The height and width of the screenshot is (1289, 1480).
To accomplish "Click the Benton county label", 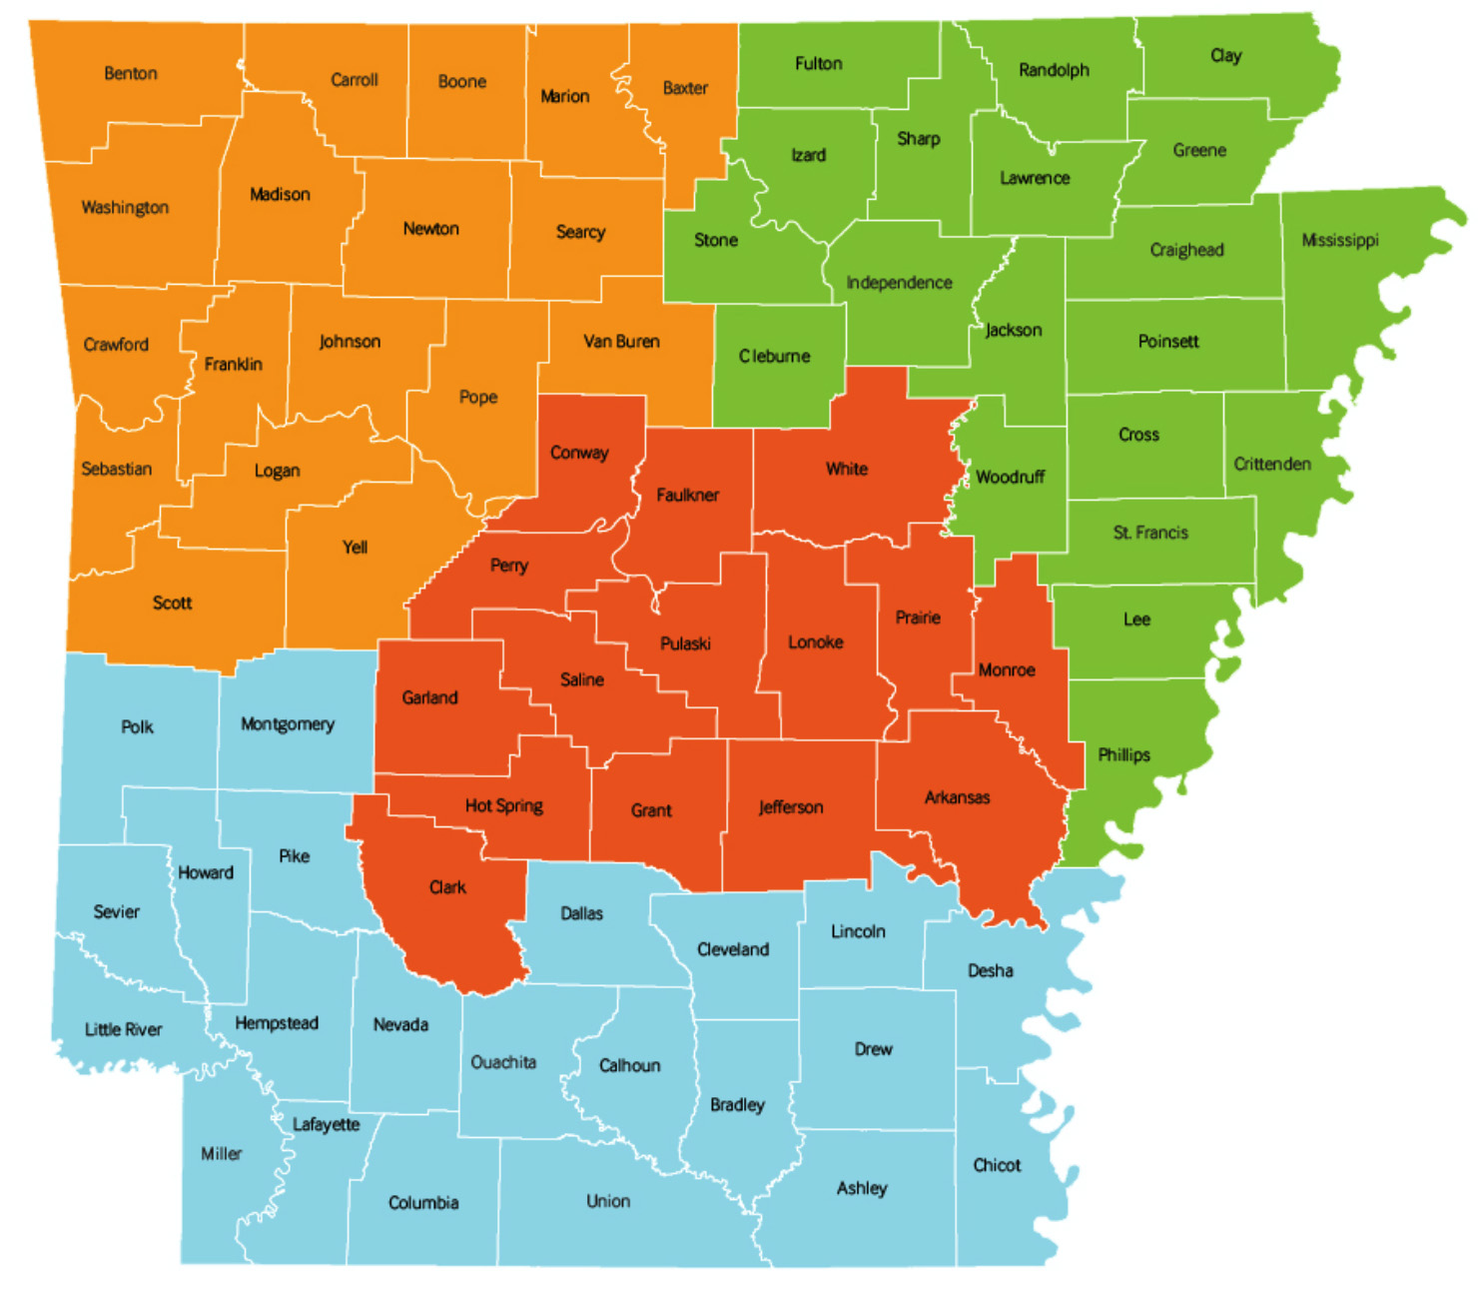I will pos(131,74).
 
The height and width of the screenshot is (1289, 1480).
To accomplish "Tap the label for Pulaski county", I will pos(685,644).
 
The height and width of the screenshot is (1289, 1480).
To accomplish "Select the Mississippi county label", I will pos(1339,240).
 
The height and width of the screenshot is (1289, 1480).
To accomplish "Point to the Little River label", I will pos(123,1029).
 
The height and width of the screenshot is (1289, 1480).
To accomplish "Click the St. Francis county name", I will pos(1150,533).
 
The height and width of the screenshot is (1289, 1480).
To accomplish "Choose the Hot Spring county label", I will pos(503,805).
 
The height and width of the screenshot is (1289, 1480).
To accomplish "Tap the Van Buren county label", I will pos(621,342).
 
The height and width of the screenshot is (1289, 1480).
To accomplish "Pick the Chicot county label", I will pos(997,1165).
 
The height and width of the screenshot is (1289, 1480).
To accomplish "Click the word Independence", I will pos(899,283).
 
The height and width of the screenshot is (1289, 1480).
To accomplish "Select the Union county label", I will pos(608,1201).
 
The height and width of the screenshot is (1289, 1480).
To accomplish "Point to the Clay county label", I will pos(1225,56).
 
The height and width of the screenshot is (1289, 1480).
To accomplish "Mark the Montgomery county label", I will pos(288,724).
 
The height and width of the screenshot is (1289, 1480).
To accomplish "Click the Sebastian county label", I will pos(117,469).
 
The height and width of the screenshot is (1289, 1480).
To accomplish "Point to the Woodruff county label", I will pos(1010,478).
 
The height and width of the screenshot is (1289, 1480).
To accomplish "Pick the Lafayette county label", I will pos(326,1124).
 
